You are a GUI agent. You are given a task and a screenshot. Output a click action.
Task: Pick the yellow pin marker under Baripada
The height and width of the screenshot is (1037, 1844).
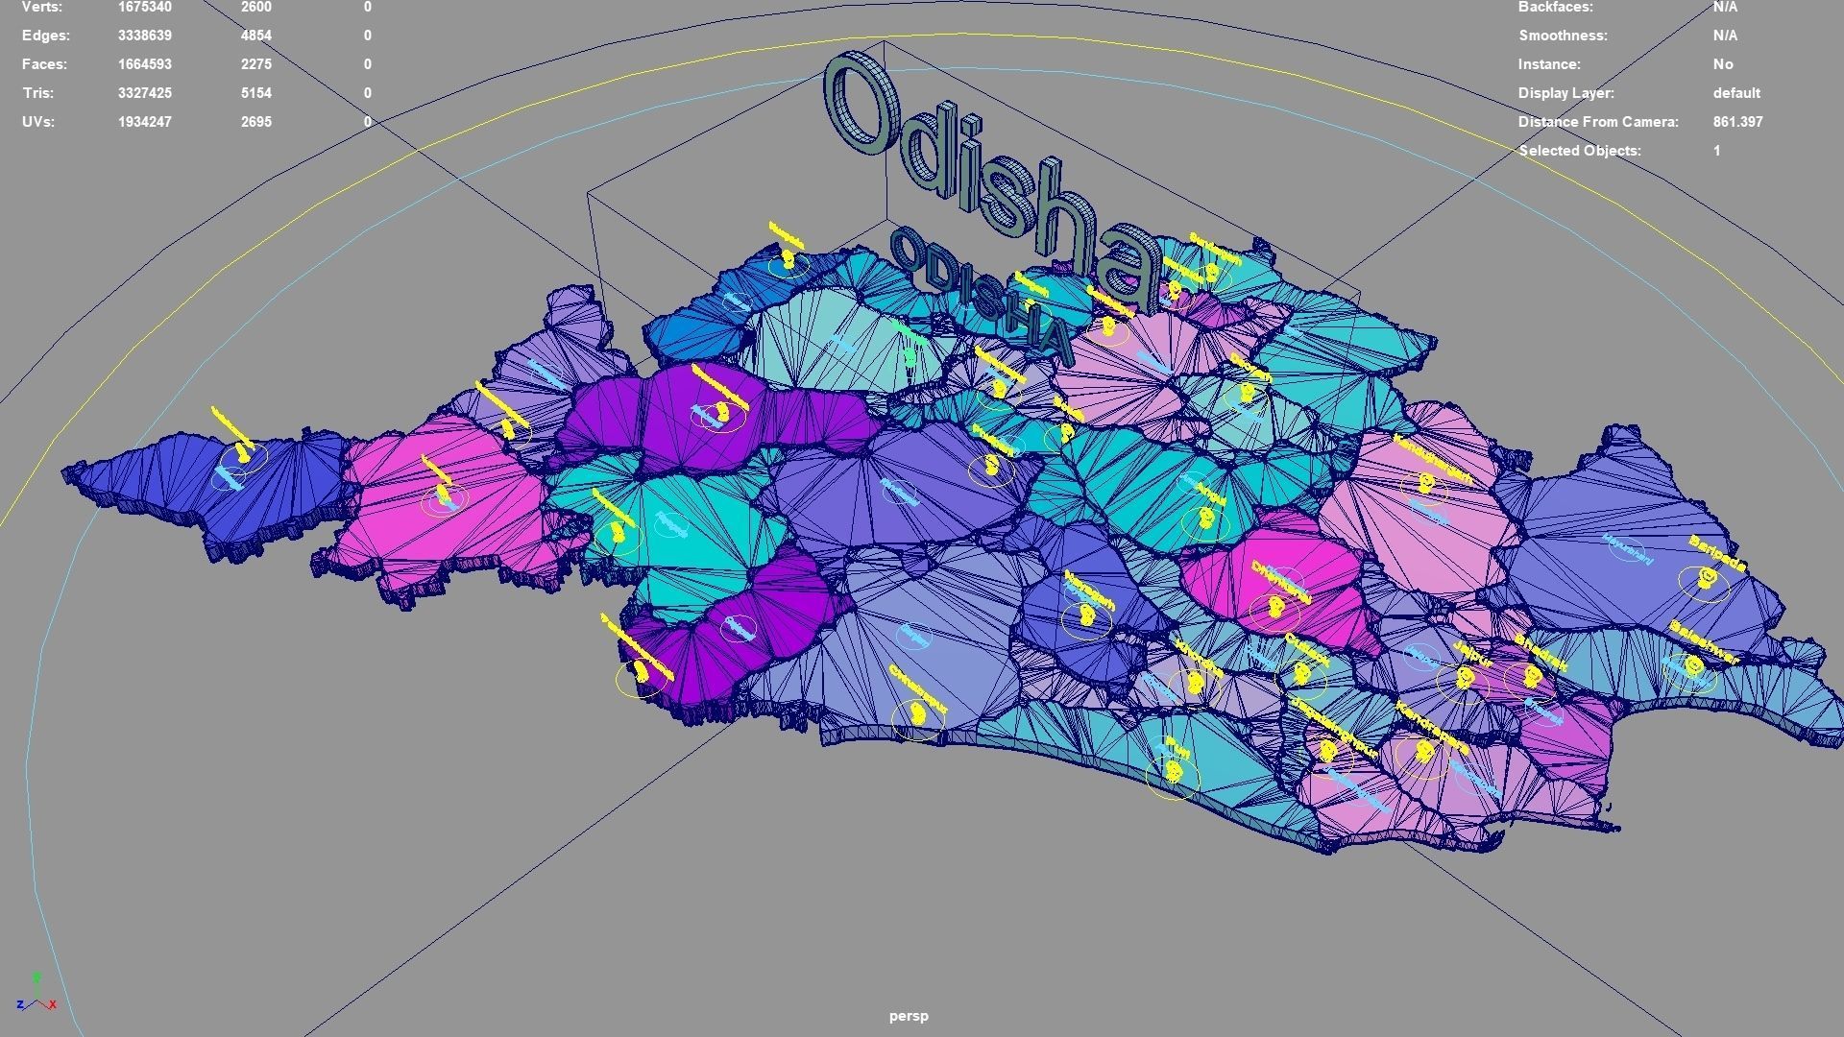[1707, 577]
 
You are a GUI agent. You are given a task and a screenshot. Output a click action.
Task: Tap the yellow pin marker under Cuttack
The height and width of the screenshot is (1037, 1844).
[1301, 674]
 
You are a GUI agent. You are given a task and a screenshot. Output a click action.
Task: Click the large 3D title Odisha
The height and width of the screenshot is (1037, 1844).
[989, 173]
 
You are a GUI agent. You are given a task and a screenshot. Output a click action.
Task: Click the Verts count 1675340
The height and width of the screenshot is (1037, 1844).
[145, 8]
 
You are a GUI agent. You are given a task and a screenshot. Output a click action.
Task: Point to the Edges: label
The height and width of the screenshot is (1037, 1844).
[45, 36]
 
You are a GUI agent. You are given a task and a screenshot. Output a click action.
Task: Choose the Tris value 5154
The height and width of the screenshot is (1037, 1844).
[255, 93]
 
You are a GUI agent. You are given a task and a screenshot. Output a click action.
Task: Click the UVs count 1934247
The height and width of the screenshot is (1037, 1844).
[145, 122]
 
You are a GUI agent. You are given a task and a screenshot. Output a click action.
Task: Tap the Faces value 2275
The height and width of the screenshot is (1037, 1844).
[255, 64]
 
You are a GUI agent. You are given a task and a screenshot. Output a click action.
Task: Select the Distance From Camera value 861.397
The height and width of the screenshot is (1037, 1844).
[1737, 122]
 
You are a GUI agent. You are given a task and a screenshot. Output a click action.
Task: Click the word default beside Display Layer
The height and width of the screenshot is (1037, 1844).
[1736, 93]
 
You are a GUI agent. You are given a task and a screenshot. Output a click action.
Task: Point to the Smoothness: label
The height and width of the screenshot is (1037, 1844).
[1563, 36]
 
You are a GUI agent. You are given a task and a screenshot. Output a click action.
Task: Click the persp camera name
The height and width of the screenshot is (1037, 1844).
[909, 1016]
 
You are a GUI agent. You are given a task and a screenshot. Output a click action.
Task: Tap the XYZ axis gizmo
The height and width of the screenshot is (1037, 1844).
[36, 996]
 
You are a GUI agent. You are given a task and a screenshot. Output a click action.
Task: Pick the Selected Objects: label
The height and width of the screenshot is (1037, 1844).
[1580, 151]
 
